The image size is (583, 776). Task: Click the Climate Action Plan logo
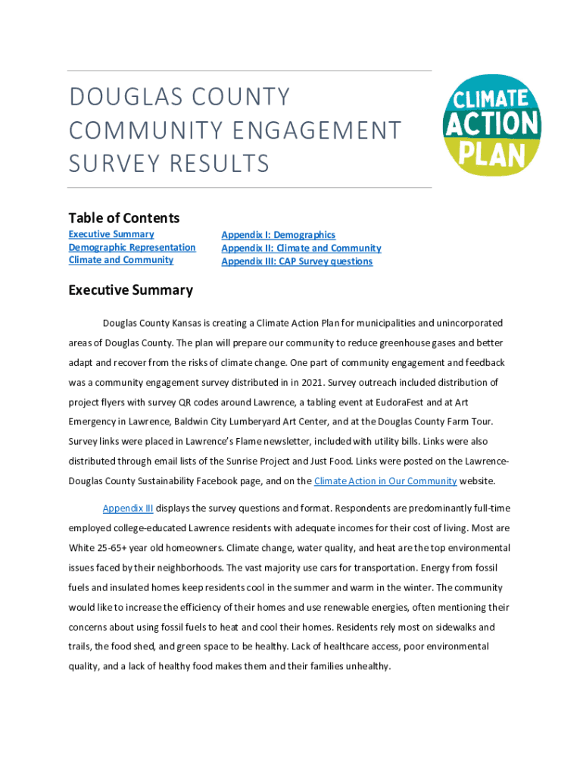pos(493,124)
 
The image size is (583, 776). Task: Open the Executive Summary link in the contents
pos(111,234)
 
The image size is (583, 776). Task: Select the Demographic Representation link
pos(132,247)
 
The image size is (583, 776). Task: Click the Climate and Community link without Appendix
pos(120,260)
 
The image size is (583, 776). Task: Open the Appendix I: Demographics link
pos(278,235)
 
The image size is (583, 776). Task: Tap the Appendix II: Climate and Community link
pos(301,248)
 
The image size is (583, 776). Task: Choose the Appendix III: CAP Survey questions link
pos(297,261)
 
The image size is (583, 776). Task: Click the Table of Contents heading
pos(123,218)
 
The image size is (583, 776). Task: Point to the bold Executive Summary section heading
pos(130,290)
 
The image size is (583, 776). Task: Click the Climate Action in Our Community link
pos(385,480)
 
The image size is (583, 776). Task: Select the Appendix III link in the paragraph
pos(128,508)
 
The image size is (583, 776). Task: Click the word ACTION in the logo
pos(492,124)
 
